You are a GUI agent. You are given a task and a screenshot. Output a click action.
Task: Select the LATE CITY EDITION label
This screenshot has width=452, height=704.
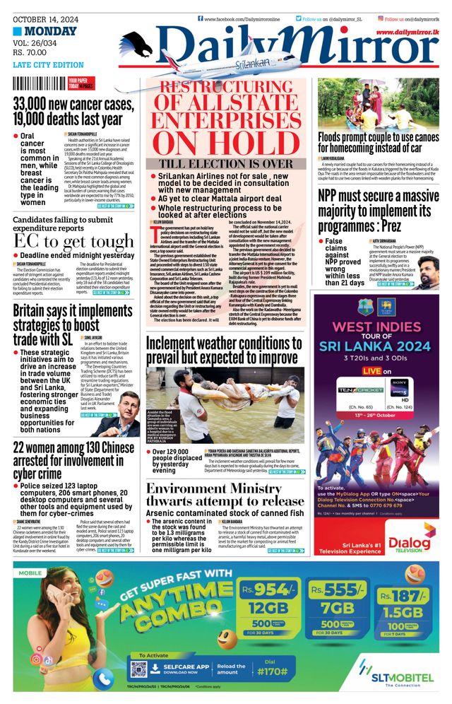tap(48, 65)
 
